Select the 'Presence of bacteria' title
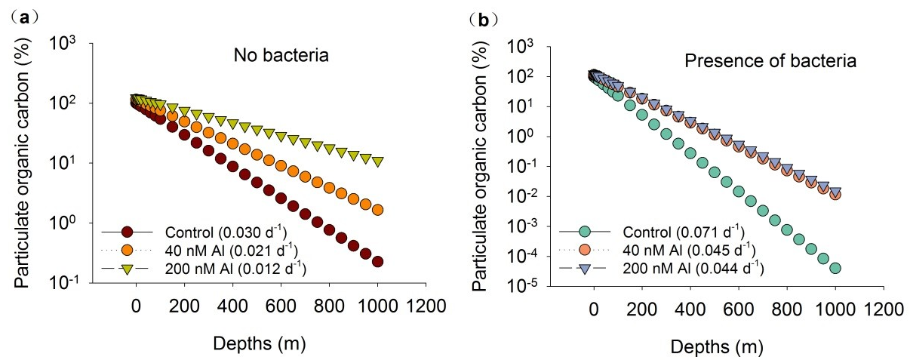tap(770, 61)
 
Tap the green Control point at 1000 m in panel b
tap(835, 268)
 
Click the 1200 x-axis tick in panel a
tap(426, 307)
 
